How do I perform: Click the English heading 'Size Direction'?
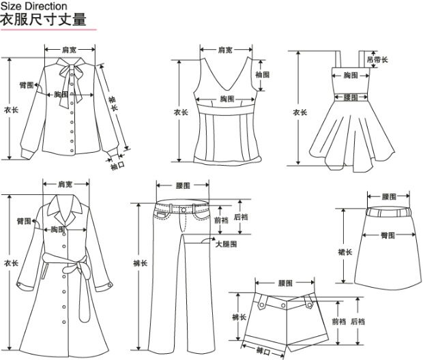pos(33,6)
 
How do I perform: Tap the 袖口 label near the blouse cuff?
pos(117,164)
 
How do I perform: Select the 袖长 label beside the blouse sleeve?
pos(113,104)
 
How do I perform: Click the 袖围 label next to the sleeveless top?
pos(263,74)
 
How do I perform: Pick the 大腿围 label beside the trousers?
pos(226,243)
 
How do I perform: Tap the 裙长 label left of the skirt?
pos(345,252)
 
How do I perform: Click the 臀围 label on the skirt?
pos(388,235)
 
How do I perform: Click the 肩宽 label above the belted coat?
pos(65,184)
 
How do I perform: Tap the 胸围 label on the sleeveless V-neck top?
pos(227,100)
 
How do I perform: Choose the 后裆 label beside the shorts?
pos(358,321)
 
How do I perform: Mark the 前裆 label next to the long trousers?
pos(221,220)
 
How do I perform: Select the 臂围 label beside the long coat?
pos(25,222)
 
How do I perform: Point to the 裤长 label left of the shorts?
pos(238,317)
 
